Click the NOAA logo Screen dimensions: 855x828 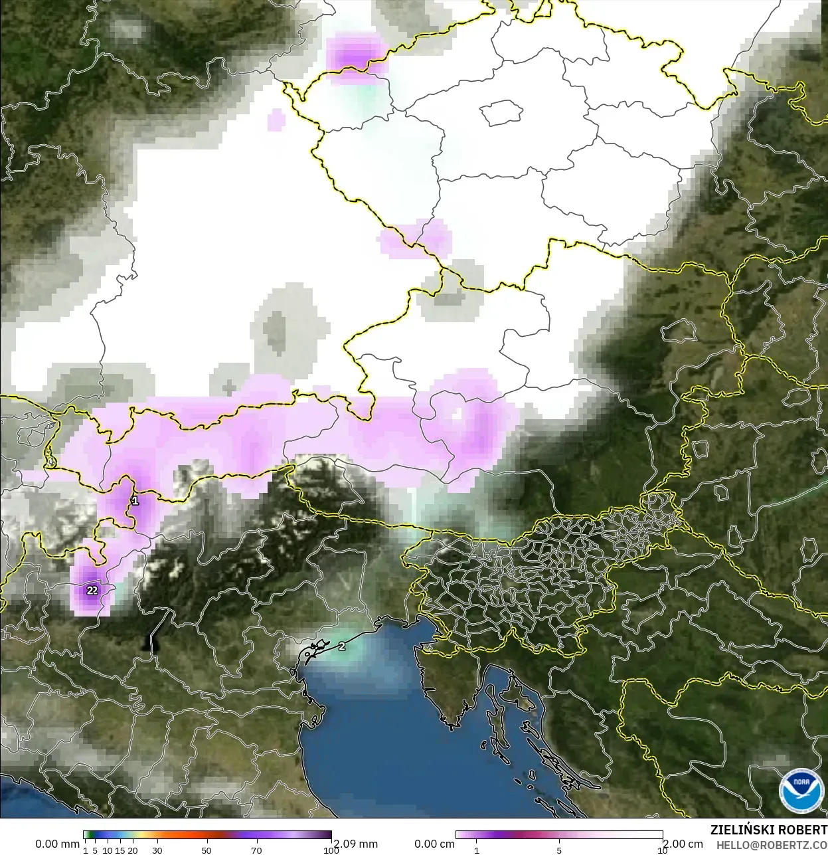(801, 791)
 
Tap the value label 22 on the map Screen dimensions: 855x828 (92, 590)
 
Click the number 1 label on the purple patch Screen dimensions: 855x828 (135, 500)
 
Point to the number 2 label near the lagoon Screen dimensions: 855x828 (342, 646)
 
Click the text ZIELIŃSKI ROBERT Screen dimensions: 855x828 (769, 830)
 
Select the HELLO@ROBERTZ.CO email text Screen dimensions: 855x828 (772, 845)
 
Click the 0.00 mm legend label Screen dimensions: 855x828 (57, 844)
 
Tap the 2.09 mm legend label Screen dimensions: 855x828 (356, 844)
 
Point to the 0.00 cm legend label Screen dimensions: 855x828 (434, 844)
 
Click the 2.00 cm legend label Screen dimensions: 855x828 (683, 844)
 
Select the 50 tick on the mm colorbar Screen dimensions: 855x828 (207, 850)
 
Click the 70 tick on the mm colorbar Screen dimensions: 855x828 (256, 850)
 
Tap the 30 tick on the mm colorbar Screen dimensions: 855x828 (157, 850)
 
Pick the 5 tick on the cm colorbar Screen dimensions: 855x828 (559, 850)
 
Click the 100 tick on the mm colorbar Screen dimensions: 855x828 (331, 850)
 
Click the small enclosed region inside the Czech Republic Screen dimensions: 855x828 (502, 113)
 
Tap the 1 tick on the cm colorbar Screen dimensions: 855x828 (476, 850)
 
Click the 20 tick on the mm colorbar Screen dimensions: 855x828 (133, 850)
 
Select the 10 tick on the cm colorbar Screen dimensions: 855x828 (662, 850)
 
